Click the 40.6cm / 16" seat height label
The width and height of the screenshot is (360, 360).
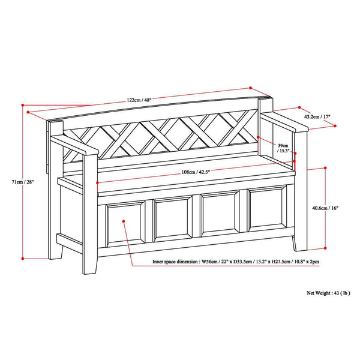tap(326, 208)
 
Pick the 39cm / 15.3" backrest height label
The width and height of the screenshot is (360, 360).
tap(282, 148)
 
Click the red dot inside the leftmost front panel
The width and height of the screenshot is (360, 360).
tap(123, 221)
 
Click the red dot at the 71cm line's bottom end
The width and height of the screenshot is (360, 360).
tap(23, 258)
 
